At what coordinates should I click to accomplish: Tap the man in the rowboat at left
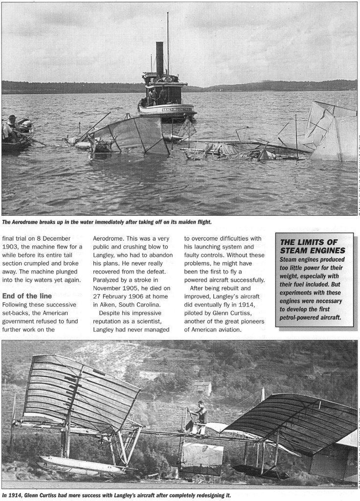click(x=11, y=126)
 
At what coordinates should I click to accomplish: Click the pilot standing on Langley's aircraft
click(x=201, y=414)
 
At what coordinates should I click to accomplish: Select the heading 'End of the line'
click(x=27, y=296)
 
